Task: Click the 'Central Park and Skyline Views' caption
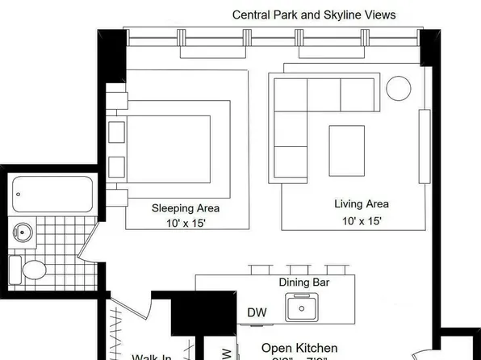point(314,15)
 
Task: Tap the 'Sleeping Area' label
point(186,208)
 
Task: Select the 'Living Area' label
point(361,204)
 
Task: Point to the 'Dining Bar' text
point(303,283)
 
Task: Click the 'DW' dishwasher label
point(257,312)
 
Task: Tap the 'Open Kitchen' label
point(299,349)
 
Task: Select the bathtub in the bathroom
point(53,195)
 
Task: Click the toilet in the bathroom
point(28,268)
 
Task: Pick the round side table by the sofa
point(398,87)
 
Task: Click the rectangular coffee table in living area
point(346,150)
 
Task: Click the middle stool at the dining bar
point(299,269)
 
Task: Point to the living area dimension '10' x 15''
point(361,220)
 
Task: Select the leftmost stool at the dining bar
point(259,269)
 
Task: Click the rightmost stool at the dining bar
point(337,269)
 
